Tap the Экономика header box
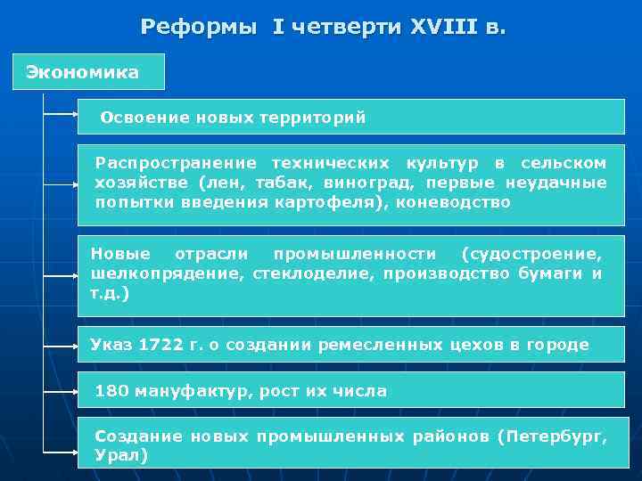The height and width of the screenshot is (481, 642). [88, 72]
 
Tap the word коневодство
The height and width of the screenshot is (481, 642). [462, 202]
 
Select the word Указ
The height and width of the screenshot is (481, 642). [111, 345]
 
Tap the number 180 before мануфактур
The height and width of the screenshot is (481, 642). [111, 391]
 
